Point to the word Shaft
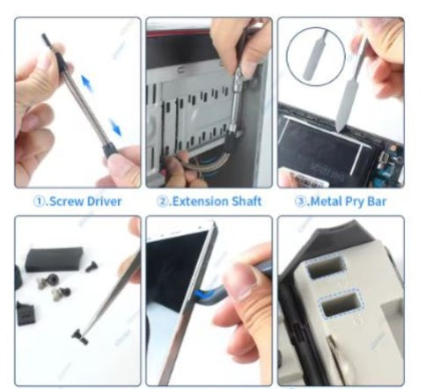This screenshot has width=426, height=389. click(246, 201)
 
